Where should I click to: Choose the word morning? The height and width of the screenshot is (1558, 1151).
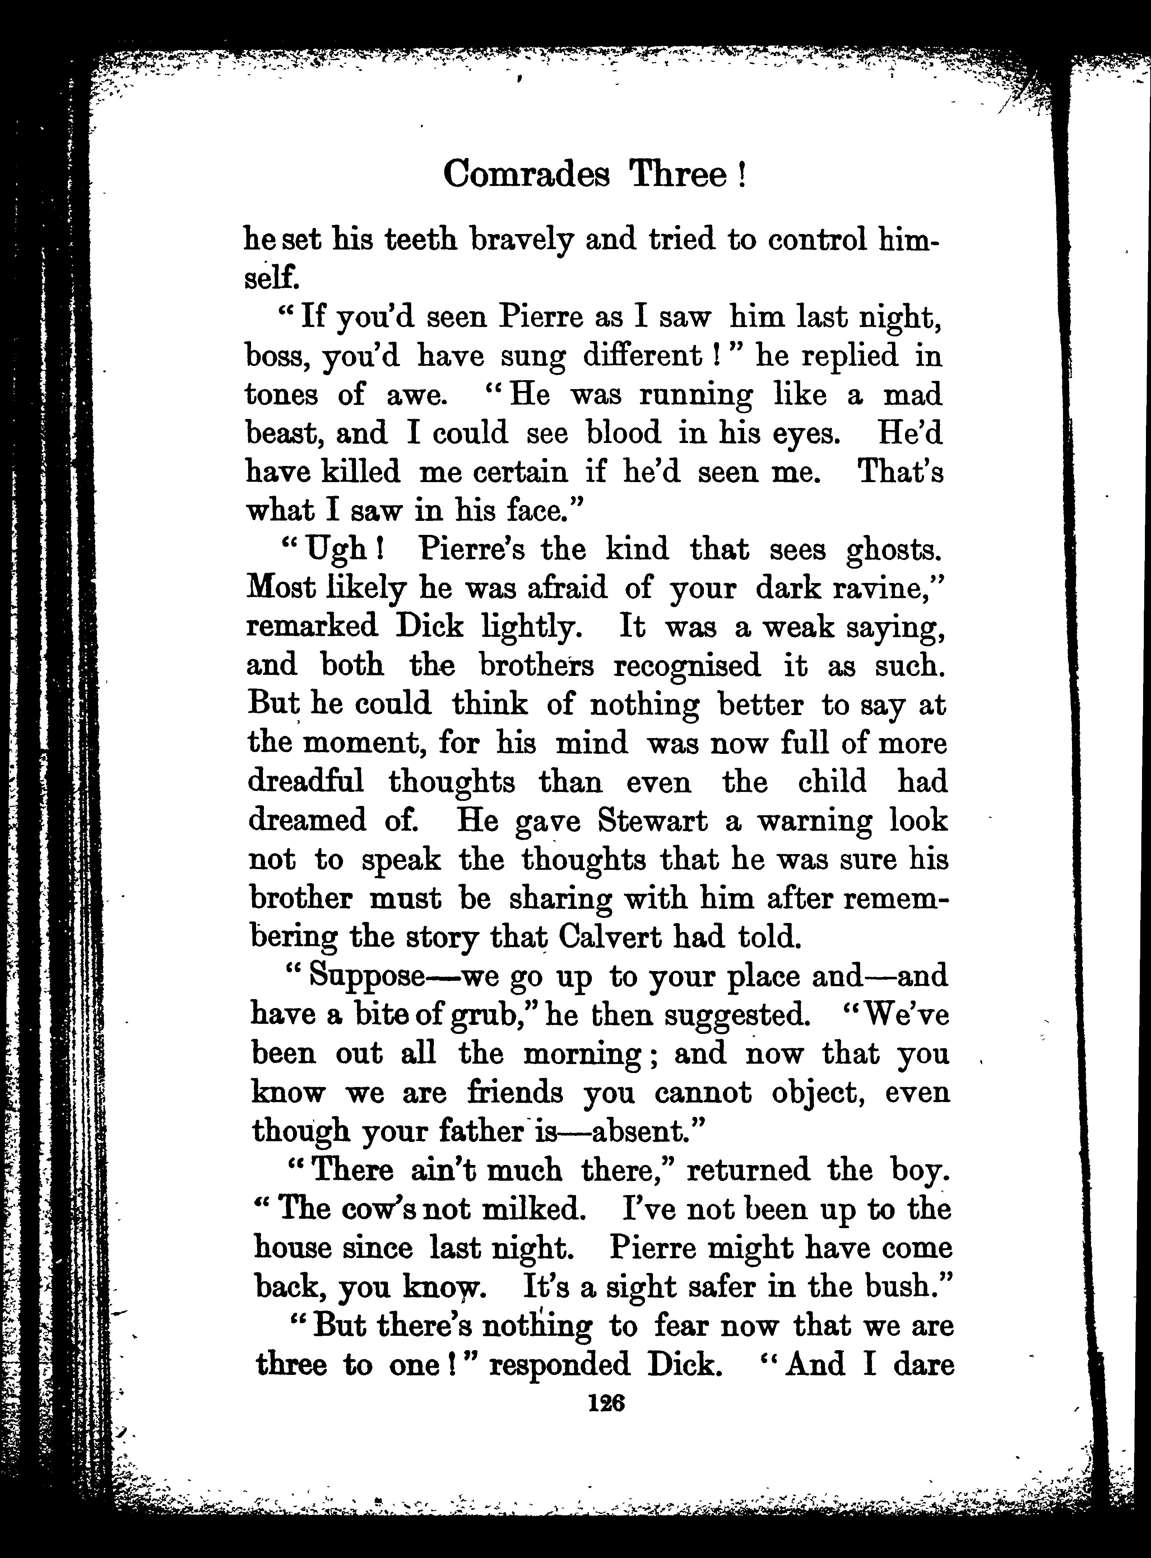[x=582, y=1053]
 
